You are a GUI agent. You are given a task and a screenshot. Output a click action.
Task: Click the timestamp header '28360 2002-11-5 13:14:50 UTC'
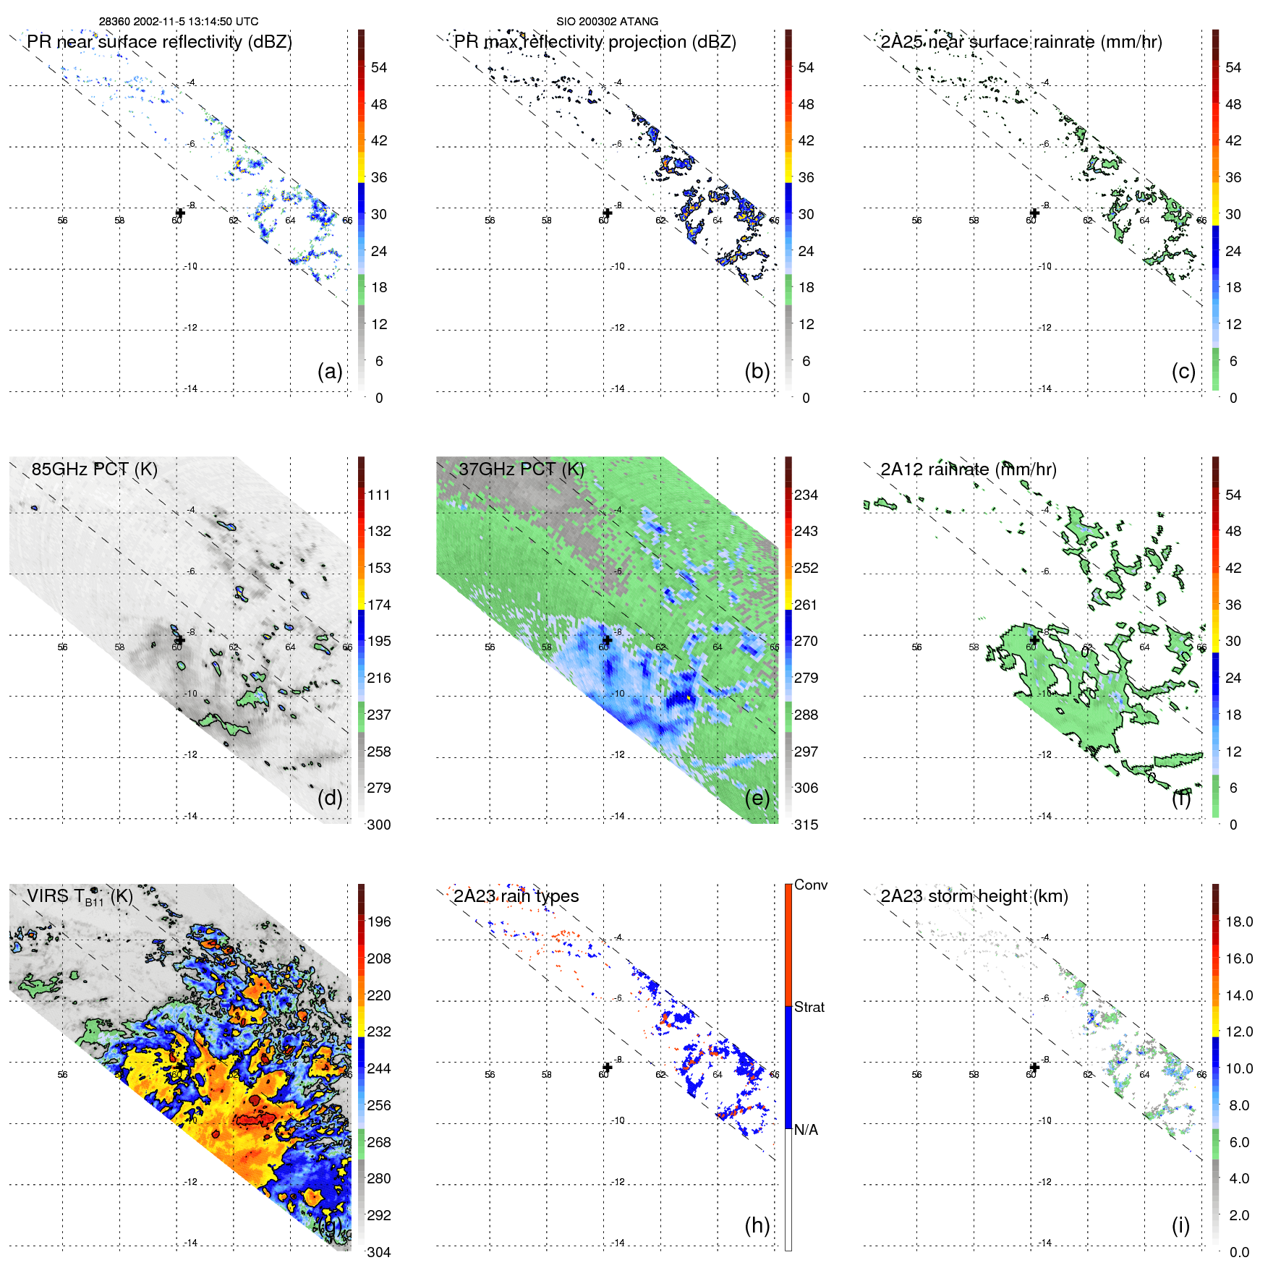178,22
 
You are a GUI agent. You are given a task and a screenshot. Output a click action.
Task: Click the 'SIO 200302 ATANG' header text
607,22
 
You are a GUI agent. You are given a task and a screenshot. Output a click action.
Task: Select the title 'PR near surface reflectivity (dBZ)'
159,42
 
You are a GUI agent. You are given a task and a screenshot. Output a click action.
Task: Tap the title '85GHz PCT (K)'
94,469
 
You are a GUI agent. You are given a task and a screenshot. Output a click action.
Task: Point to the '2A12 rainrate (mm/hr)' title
968,469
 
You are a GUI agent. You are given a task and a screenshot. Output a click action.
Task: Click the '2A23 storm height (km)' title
974,896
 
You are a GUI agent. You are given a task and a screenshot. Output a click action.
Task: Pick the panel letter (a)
330,372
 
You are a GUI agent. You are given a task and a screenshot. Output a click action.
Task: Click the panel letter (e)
757,799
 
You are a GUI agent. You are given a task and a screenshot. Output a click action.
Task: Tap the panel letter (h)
757,1225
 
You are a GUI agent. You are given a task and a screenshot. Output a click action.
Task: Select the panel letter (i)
1180,1225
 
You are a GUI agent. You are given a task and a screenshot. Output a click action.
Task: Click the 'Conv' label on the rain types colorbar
810,885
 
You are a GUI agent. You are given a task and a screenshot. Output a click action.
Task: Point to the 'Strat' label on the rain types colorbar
809,1008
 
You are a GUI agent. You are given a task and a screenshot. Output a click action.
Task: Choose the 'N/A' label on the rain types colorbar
806,1130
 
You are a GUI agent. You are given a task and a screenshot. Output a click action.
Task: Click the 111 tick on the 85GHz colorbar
379,495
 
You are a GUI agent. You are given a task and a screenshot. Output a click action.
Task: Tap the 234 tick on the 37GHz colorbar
806,495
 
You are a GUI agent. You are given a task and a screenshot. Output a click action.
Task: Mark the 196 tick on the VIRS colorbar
379,922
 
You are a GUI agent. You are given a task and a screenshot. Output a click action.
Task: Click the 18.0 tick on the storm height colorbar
1238,922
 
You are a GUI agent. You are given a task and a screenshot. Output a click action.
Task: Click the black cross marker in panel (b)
608,213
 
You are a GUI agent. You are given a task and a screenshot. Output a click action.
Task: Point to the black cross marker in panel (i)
1034,1067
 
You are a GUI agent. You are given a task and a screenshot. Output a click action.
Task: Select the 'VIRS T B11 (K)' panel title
80,897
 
